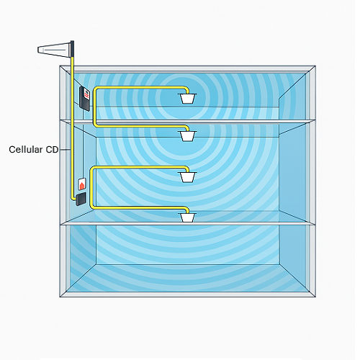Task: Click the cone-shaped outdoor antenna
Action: click(x=54, y=50)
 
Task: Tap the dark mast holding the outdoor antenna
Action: click(x=73, y=49)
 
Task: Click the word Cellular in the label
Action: click(x=26, y=150)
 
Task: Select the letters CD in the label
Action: click(x=52, y=150)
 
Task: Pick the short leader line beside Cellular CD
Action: click(x=65, y=150)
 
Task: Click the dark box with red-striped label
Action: click(x=85, y=99)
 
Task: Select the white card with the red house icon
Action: click(x=82, y=184)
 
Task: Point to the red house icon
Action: click(x=82, y=185)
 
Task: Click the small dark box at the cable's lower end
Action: click(x=81, y=199)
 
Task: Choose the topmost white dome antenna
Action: click(x=187, y=99)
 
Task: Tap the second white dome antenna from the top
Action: click(x=187, y=136)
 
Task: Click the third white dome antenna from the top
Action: click(x=187, y=177)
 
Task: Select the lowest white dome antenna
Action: click(x=187, y=217)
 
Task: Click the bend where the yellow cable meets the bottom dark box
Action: click(x=73, y=198)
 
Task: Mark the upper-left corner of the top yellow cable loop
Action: click(x=95, y=89)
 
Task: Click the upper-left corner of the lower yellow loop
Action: click(x=92, y=168)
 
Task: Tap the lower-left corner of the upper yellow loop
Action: click(x=95, y=125)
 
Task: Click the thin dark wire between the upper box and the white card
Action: click(x=83, y=144)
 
